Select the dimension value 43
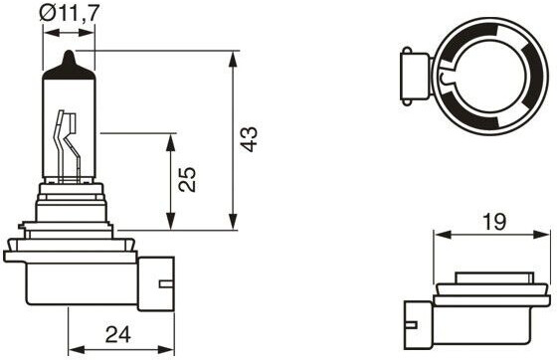tap(249, 139)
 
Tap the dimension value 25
tap(187, 179)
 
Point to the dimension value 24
tap(118, 334)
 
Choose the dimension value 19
tap(494, 222)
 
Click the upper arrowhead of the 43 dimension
tap(233, 60)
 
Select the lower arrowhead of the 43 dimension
tap(233, 222)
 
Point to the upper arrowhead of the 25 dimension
tap(171, 142)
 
